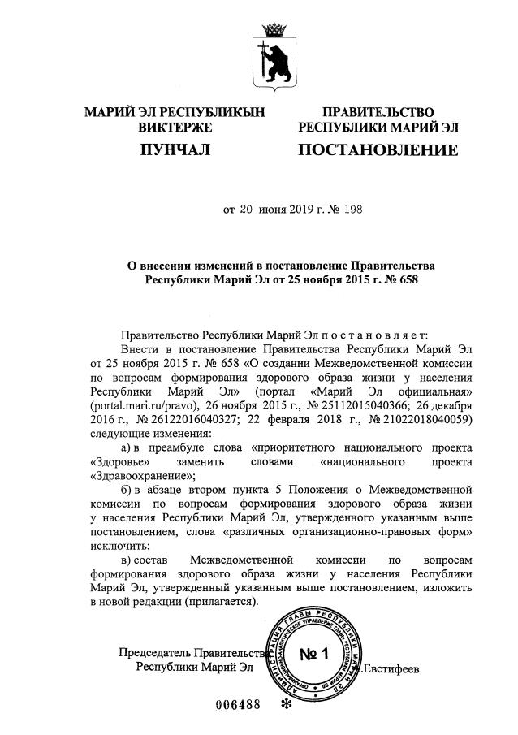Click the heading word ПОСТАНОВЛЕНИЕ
click(x=378, y=149)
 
